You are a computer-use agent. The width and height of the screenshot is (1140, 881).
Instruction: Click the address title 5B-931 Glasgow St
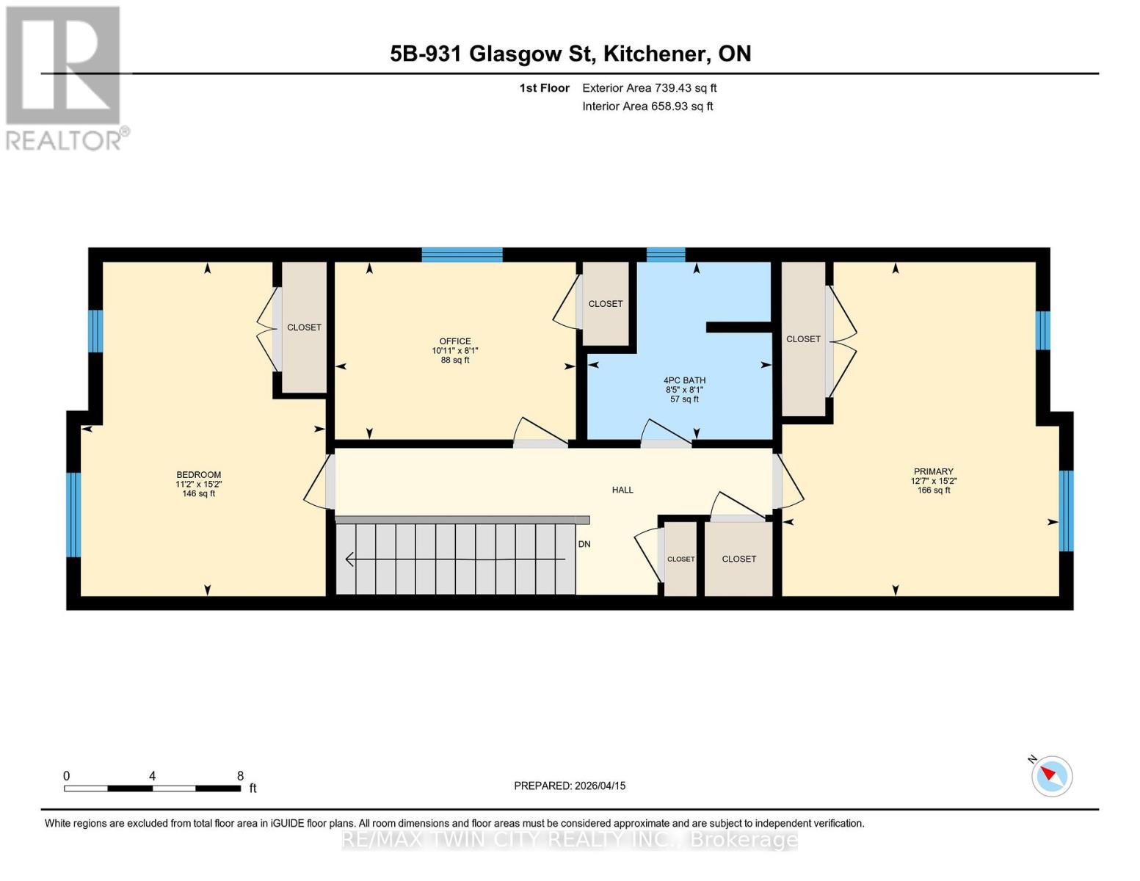click(x=570, y=54)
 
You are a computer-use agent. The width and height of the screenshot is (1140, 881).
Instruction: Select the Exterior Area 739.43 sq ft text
click(x=649, y=88)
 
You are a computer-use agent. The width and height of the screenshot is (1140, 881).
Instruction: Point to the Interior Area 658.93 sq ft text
click(x=647, y=106)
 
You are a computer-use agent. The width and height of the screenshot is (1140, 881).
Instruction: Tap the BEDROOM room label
click(x=198, y=475)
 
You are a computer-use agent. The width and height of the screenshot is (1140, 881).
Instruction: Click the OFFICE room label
click(x=455, y=341)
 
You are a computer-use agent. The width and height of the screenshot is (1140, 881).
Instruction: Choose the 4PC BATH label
click(x=684, y=381)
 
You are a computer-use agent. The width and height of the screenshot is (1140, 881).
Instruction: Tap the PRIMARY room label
click(x=933, y=471)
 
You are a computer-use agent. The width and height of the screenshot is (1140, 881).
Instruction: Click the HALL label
click(x=622, y=490)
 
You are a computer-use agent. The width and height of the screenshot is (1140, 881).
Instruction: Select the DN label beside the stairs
click(x=584, y=544)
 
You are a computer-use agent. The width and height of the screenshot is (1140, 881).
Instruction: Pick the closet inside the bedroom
click(x=304, y=327)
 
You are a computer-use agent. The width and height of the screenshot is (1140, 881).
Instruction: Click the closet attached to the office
click(x=606, y=303)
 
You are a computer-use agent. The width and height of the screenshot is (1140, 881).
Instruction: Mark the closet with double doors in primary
click(x=803, y=339)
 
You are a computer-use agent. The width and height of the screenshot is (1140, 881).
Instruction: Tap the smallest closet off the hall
click(x=680, y=559)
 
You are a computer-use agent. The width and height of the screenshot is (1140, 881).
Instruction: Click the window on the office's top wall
click(x=462, y=255)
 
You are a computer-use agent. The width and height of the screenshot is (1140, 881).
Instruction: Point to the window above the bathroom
click(x=665, y=255)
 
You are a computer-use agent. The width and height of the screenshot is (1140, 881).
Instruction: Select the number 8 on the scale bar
click(x=240, y=776)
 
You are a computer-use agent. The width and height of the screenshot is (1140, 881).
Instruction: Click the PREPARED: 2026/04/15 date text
click(x=570, y=786)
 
